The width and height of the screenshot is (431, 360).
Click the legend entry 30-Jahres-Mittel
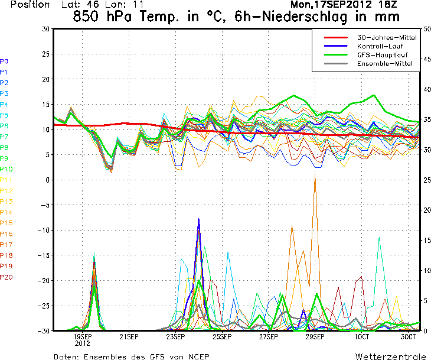(x=387, y=37)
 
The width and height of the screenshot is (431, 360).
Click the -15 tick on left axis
(x=42, y=255)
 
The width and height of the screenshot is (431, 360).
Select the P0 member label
(x=4, y=61)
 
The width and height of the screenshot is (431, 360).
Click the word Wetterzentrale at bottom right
(x=390, y=356)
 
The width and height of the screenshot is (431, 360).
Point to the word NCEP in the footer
(x=197, y=356)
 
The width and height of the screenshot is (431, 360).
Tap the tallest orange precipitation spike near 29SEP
(x=315, y=177)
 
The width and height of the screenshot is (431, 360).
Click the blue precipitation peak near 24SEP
(x=199, y=219)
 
